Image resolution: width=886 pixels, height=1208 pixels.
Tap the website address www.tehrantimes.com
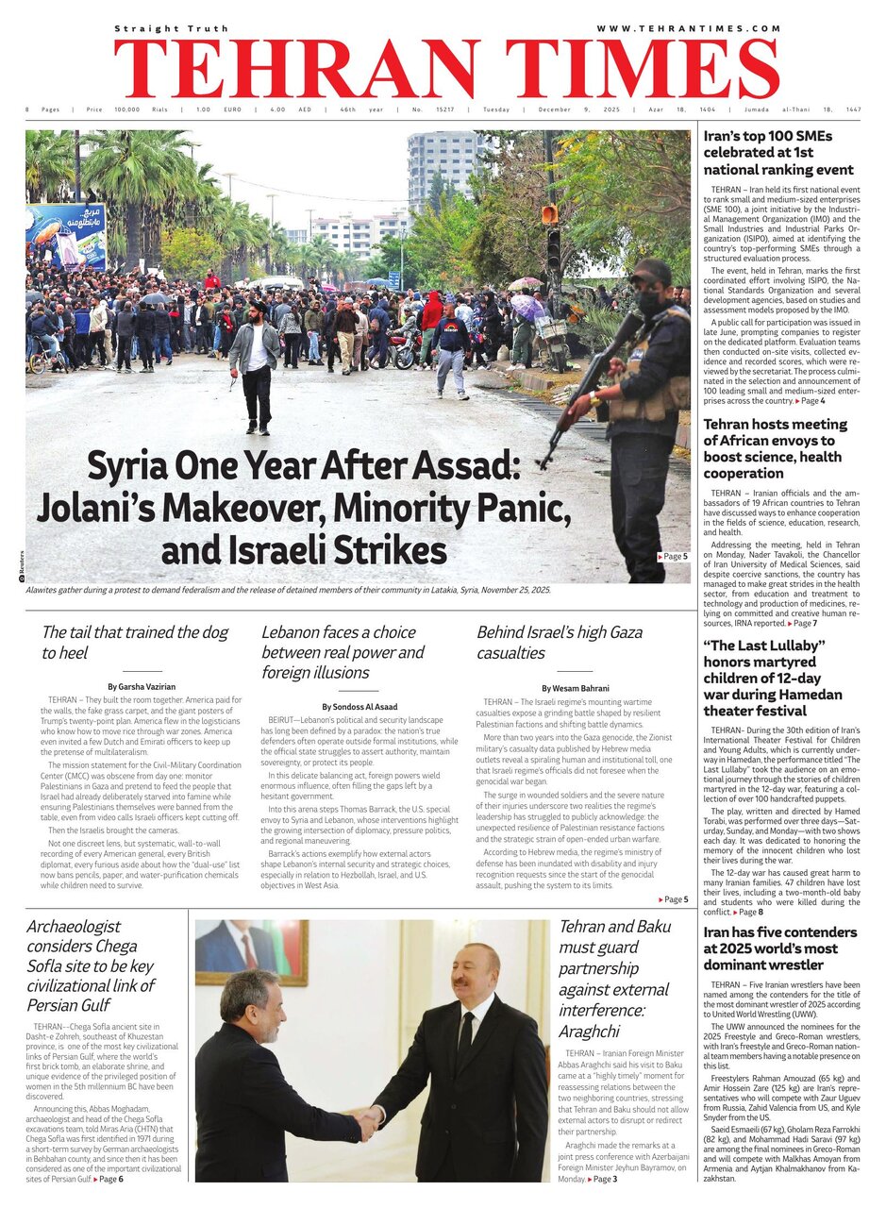688,28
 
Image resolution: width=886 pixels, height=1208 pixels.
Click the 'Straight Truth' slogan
171,28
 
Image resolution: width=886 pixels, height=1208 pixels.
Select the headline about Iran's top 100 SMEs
778,153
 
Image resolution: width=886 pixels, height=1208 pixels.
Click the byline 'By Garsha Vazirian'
142,686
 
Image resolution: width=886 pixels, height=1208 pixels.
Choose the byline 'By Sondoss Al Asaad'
359,706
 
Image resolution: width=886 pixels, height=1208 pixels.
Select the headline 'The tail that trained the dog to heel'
135,642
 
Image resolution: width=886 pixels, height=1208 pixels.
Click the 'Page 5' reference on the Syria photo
672,557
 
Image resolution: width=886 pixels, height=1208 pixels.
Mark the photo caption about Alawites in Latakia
288,589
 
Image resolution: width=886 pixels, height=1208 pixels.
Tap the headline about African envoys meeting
775,448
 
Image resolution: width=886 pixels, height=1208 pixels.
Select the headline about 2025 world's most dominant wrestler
779,948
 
